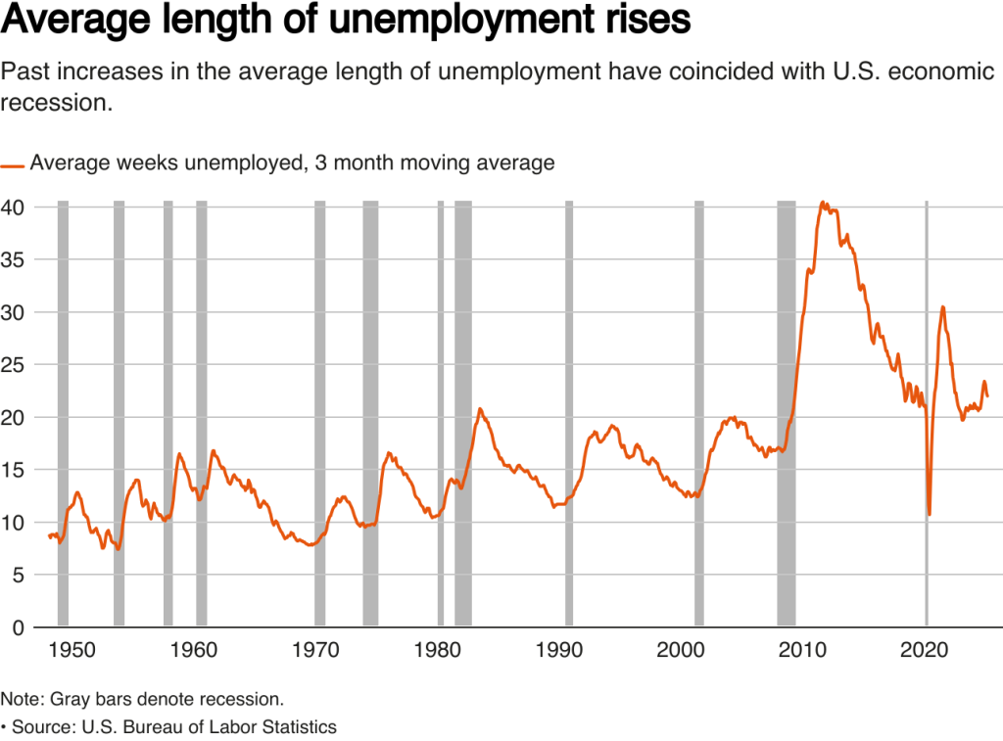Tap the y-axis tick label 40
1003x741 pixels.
click(14, 208)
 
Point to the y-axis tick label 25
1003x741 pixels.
click(14, 365)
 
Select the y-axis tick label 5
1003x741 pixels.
click(19, 575)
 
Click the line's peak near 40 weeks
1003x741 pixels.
click(823, 203)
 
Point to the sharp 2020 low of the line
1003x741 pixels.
click(929, 514)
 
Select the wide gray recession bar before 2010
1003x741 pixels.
click(786, 411)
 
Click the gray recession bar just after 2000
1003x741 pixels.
click(699, 411)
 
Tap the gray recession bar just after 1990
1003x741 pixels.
click(569, 411)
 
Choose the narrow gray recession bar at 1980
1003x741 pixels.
click(441, 411)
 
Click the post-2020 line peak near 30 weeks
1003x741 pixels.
click(942, 307)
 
